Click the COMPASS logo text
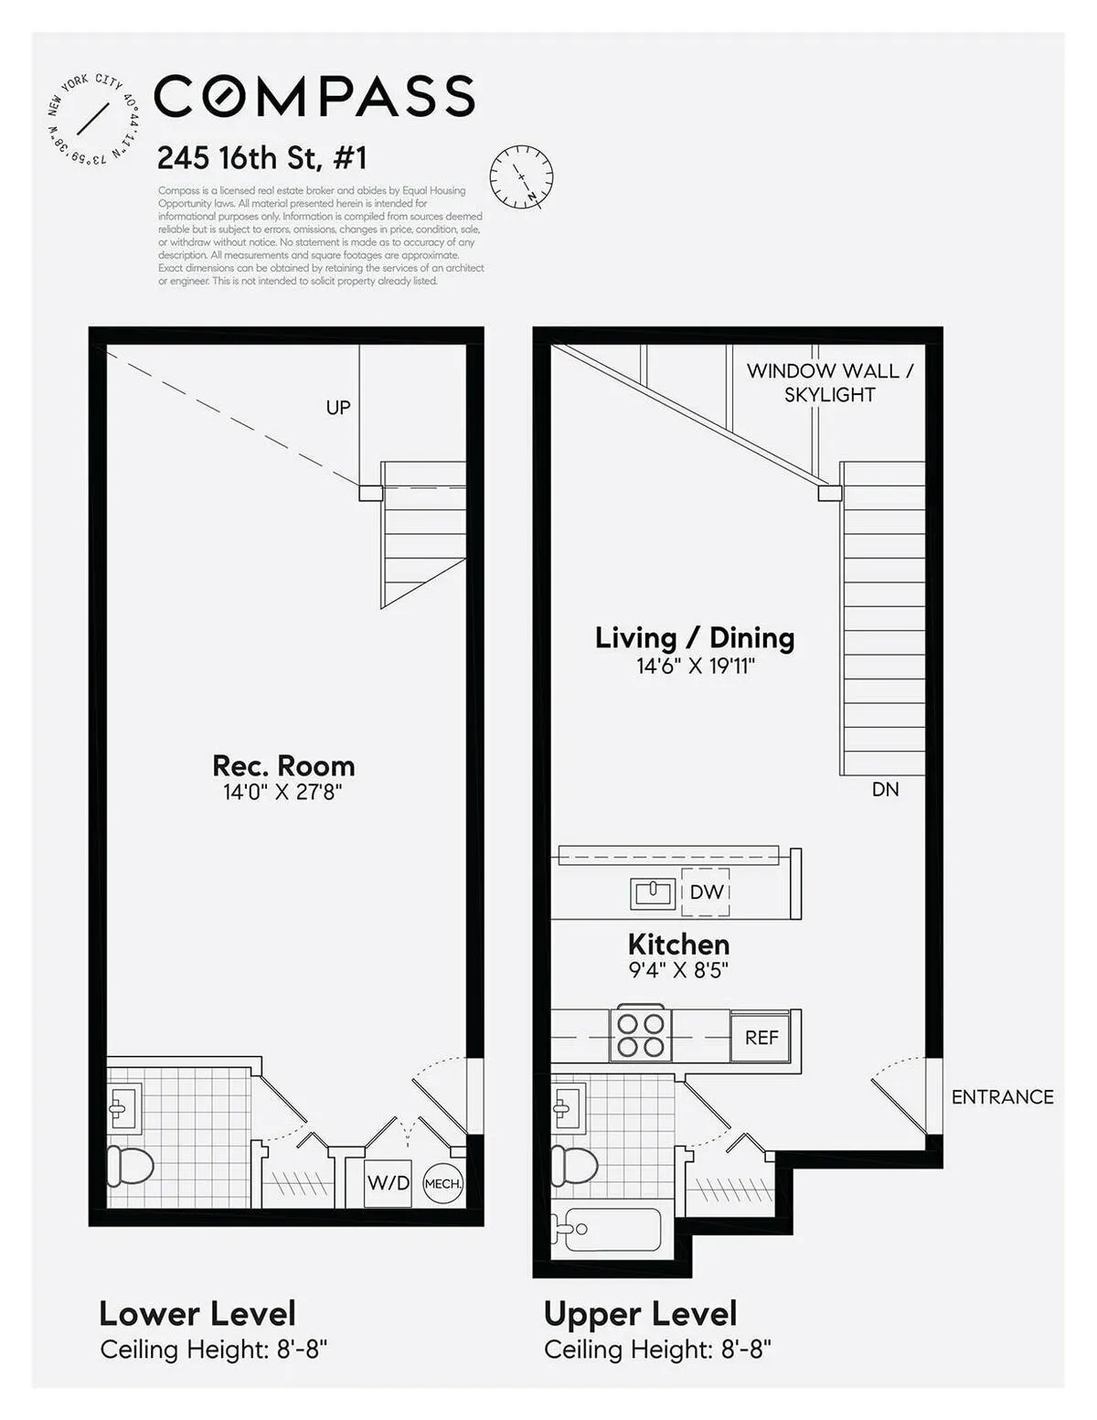[314, 96]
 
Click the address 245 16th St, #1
[261, 158]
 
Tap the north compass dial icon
[521, 176]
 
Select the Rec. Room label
[283, 765]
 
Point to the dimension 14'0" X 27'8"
[282, 792]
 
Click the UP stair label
[338, 408]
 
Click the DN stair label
[885, 789]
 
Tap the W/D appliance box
[389, 1182]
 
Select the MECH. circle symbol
[443, 1183]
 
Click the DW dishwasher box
[706, 892]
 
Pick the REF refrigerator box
[762, 1037]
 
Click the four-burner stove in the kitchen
[641, 1034]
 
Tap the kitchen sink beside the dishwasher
[653, 892]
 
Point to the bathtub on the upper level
[608, 1230]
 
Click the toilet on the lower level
[130, 1165]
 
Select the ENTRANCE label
[1002, 1096]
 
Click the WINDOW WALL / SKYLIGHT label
[829, 382]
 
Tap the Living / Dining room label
[695, 637]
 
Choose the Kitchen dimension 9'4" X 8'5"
[678, 970]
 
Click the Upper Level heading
[640, 1314]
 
